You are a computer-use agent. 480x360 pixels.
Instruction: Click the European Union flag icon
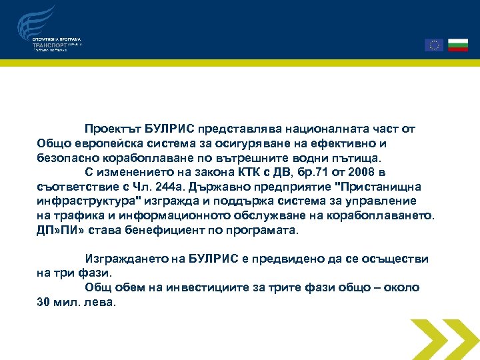click(434, 45)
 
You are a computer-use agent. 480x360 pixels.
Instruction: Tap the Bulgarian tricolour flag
click(458, 45)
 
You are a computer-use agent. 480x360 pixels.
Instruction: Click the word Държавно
click(218, 187)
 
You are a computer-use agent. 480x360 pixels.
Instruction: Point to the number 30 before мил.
click(43, 301)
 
